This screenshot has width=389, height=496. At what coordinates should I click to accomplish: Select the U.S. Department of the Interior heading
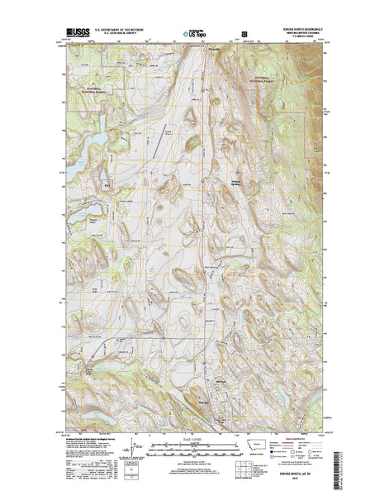[x=123, y=28]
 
